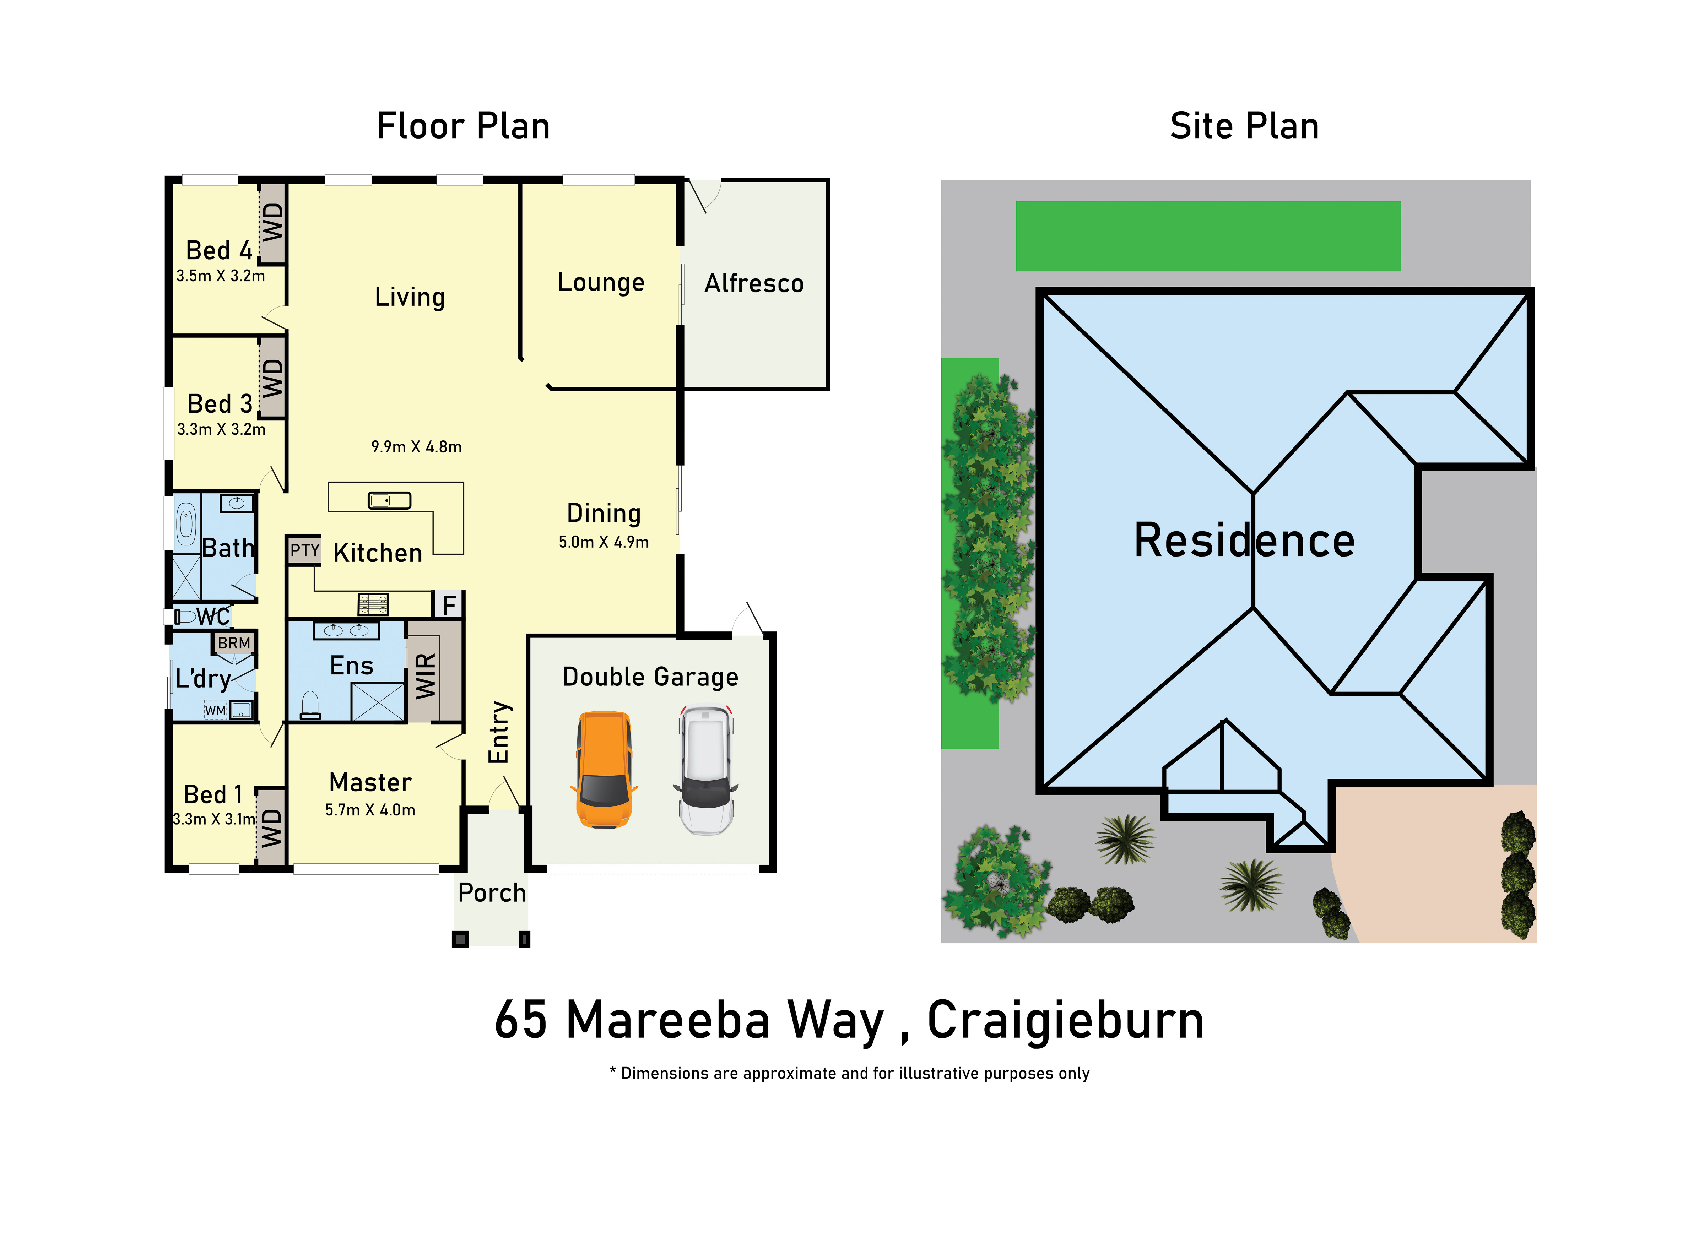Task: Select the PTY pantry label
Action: pyautogui.click(x=305, y=550)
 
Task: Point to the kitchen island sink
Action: pyautogui.click(x=389, y=500)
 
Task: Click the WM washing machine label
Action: pyautogui.click(x=215, y=710)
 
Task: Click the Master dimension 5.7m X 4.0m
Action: pyautogui.click(x=370, y=810)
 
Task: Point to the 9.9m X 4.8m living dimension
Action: pyautogui.click(x=416, y=447)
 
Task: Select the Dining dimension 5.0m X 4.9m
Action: pyautogui.click(x=604, y=542)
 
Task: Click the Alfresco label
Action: pyautogui.click(x=754, y=284)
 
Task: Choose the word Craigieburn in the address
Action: pyautogui.click(x=1065, y=1021)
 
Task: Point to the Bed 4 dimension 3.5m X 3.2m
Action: pyautogui.click(x=221, y=276)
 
